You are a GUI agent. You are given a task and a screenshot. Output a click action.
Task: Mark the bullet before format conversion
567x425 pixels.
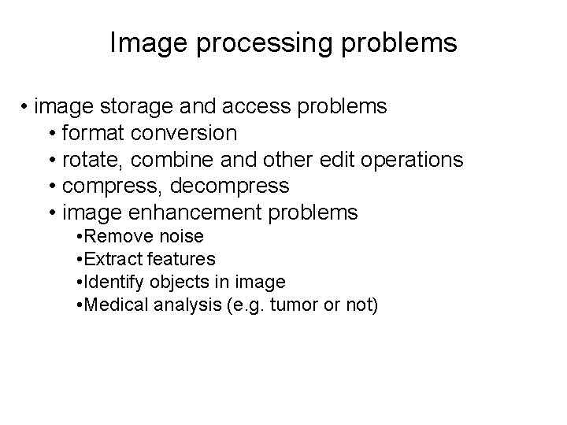click(x=51, y=133)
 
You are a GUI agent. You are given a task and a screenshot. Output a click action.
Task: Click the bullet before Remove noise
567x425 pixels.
click(x=80, y=236)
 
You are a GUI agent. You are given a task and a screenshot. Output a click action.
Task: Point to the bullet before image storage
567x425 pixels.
click(x=26, y=106)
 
